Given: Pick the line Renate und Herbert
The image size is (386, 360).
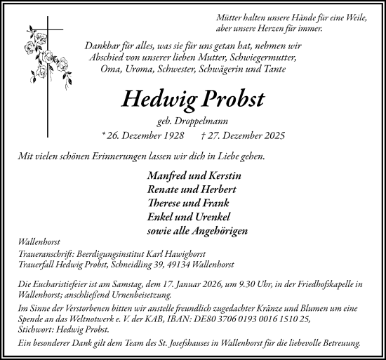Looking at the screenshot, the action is click(x=191, y=189).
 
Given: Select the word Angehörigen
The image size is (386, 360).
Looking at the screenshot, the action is click(x=217, y=230).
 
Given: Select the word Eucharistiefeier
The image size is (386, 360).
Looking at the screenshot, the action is click(x=61, y=284).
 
